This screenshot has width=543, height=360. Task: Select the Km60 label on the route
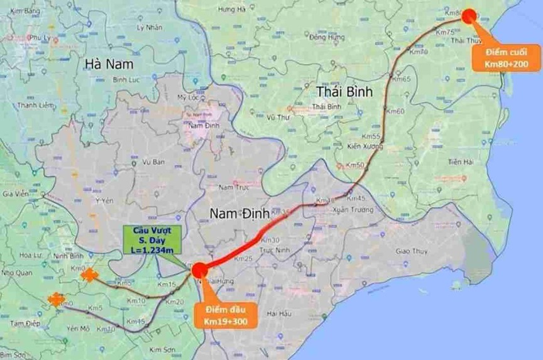click(395, 111)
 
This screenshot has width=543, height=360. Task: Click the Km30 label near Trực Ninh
click(270, 241)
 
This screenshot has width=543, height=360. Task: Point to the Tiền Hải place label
click(460, 162)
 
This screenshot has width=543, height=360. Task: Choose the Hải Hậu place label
click(278, 313)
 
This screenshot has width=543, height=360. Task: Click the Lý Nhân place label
click(150, 29)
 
